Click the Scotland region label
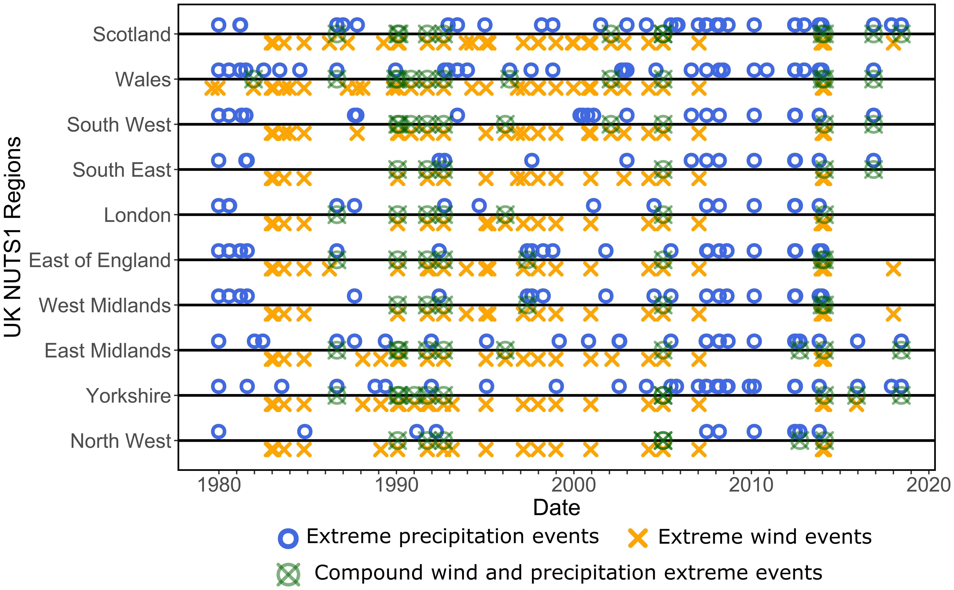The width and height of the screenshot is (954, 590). [x=132, y=34]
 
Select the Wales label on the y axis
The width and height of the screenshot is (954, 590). [x=143, y=80]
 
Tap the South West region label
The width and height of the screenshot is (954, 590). [x=119, y=125]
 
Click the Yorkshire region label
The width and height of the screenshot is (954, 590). [x=128, y=396]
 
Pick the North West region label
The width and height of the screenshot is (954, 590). [x=121, y=441]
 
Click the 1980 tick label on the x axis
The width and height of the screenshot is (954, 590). [x=219, y=485]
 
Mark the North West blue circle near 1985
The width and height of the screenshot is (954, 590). [x=304, y=432]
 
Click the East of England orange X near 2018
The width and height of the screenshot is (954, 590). [x=893, y=269]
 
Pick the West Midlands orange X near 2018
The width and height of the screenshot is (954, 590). [x=893, y=314]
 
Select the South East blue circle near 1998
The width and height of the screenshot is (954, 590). [x=532, y=160]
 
